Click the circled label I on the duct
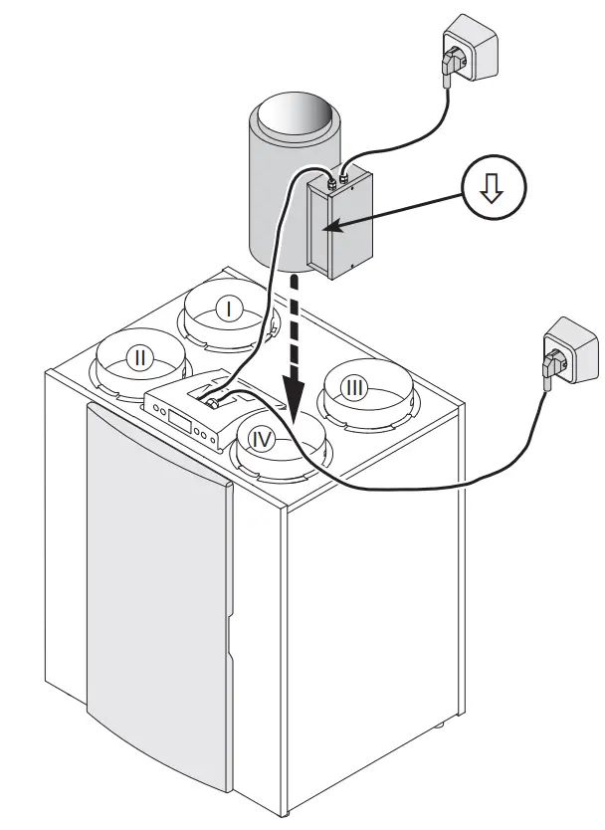227,310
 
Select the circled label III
353,386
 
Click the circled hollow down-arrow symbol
492,192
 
